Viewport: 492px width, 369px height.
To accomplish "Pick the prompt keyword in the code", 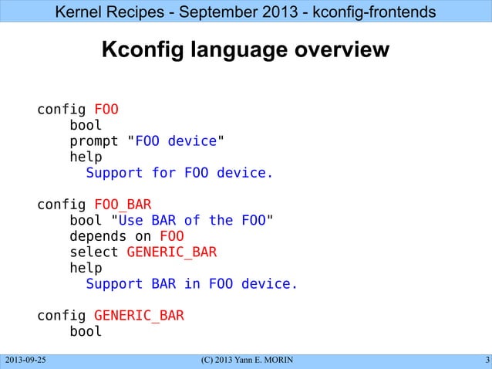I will pyautogui.click(x=94, y=141).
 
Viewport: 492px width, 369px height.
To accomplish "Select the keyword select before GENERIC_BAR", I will pyautogui.click(x=94, y=252).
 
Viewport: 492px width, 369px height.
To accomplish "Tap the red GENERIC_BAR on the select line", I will pyautogui.click(x=171, y=252).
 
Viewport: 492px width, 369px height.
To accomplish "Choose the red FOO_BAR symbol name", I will pyautogui.click(x=123, y=205).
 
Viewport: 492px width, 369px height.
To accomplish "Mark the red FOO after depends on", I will pyautogui.click(x=171, y=236).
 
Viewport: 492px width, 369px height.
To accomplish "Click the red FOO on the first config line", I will pyautogui.click(x=106, y=109).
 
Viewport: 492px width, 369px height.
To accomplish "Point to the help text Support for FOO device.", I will pyautogui.click(x=180, y=173).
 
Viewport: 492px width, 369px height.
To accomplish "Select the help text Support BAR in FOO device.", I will pyautogui.click(x=191, y=284).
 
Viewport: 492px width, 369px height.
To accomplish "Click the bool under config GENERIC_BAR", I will pyautogui.click(x=86, y=332).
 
